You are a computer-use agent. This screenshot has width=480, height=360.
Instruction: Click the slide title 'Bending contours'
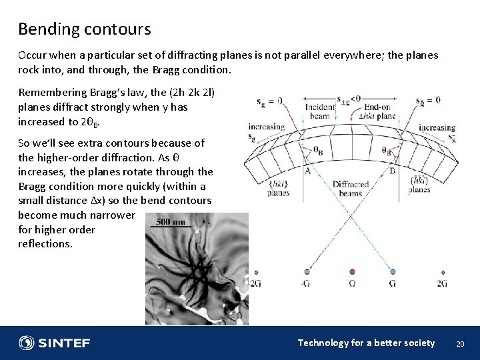(84, 29)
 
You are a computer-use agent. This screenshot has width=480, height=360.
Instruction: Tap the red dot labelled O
(353, 272)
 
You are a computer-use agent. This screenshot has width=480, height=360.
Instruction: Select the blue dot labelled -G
(307, 272)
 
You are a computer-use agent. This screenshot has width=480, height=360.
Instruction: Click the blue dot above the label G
(393, 272)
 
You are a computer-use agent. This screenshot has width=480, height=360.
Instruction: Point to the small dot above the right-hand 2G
(443, 272)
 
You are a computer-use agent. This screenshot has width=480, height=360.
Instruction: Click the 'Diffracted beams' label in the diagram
(351, 189)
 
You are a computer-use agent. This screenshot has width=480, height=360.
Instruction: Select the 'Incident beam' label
(319, 111)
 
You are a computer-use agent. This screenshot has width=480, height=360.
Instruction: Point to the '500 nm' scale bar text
(171, 221)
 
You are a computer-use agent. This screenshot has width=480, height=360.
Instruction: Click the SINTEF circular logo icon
(27, 343)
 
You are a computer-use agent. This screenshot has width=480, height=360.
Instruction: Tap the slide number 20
(459, 343)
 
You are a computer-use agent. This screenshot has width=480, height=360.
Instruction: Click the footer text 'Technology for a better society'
(366, 343)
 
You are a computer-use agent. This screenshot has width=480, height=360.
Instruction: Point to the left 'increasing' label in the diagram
(266, 127)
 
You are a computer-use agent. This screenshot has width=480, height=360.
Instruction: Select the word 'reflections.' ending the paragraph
(45, 243)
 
